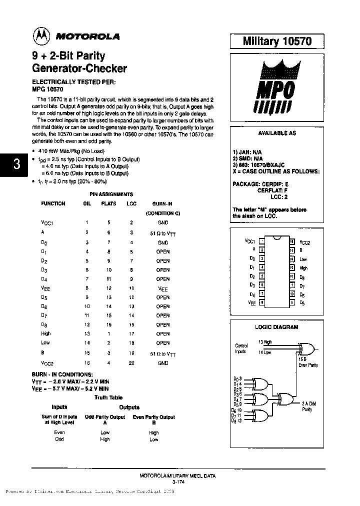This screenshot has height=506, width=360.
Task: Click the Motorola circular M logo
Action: tap(41, 35)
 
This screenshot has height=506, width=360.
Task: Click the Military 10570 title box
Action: tap(277, 41)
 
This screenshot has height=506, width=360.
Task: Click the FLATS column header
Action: tap(108, 203)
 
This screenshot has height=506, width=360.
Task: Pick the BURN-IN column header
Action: tap(162, 203)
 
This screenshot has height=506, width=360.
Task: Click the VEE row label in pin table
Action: tap(46, 288)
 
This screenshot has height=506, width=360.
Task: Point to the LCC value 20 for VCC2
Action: tap(131, 363)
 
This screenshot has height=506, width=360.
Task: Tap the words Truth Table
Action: tap(108, 397)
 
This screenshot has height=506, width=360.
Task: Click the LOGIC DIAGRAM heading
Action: tap(276, 327)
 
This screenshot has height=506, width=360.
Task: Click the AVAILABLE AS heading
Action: tap(276, 133)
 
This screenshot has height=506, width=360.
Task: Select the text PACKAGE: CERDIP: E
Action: tap(260, 184)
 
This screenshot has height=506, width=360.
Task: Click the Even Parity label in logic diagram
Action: tap(308, 365)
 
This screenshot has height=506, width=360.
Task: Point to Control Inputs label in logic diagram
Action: tap(241, 348)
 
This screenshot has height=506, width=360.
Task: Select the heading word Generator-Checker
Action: tap(79, 68)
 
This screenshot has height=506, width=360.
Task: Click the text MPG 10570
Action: tap(47, 88)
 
